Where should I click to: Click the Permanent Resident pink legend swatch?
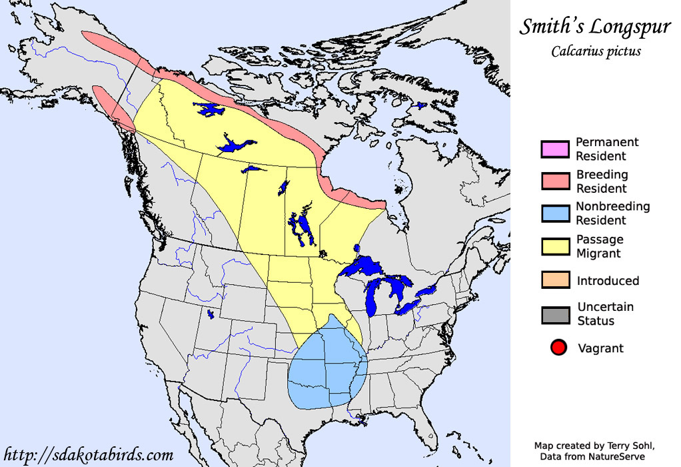pos(555,149)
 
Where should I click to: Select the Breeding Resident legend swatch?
pos(555,181)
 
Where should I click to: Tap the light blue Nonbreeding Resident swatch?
pos(555,213)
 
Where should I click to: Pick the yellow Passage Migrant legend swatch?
pos(555,246)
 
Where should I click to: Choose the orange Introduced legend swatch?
pos(555,281)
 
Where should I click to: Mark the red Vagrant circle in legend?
pos(558,348)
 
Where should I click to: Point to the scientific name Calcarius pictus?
pos(596,52)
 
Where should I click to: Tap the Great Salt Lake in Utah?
pos(211,314)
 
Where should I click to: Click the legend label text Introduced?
pos(608,281)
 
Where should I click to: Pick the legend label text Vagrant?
pos(600,348)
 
